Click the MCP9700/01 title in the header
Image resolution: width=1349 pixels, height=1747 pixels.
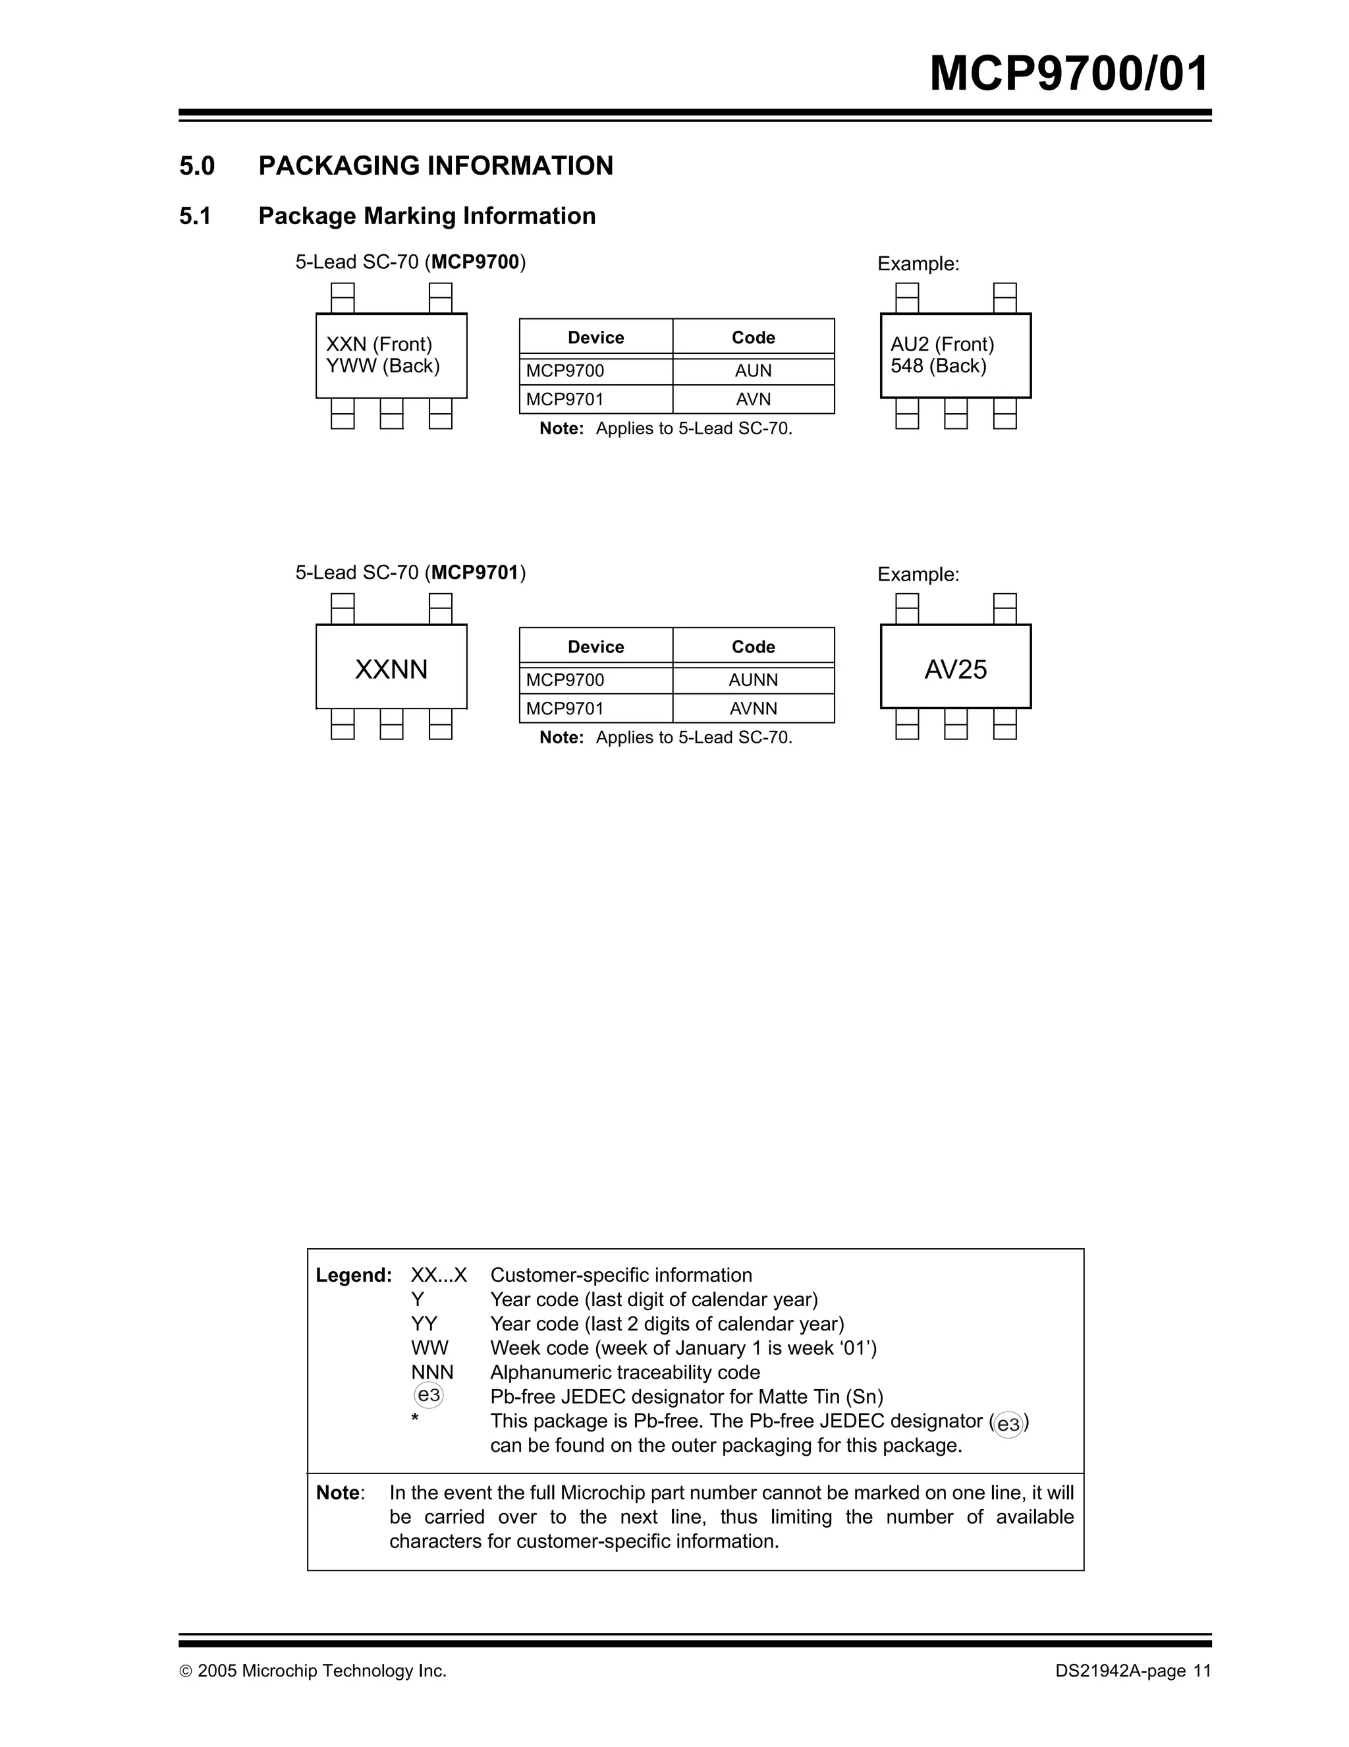click(x=1068, y=74)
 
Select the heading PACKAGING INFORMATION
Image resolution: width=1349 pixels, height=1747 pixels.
click(x=436, y=165)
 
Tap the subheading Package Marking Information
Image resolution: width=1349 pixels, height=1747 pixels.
click(x=427, y=216)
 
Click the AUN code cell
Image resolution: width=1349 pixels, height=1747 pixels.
click(x=754, y=371)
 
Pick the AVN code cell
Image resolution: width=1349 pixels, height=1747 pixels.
click(x=754, y=399)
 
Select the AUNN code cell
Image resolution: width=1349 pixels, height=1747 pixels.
click(x=754, y=680)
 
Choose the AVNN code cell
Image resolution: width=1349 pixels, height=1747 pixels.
click(x=754, y=708)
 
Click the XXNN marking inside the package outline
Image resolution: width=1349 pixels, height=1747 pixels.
click(x=391, y=670)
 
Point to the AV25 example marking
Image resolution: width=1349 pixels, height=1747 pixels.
click(x=956, y=670)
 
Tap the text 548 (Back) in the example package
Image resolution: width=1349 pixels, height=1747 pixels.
click(x=938, y=366)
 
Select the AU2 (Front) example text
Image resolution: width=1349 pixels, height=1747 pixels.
click(x=942, y=345)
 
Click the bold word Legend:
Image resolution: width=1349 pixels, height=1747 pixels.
click(x=354, y=1275)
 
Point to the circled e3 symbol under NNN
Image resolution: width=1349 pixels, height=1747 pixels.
click(x=429, y=1396)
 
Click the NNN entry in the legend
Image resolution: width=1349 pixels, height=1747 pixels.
click(x=432, y=1372)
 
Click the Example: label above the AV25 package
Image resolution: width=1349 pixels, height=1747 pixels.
click(x=918, y=575)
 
